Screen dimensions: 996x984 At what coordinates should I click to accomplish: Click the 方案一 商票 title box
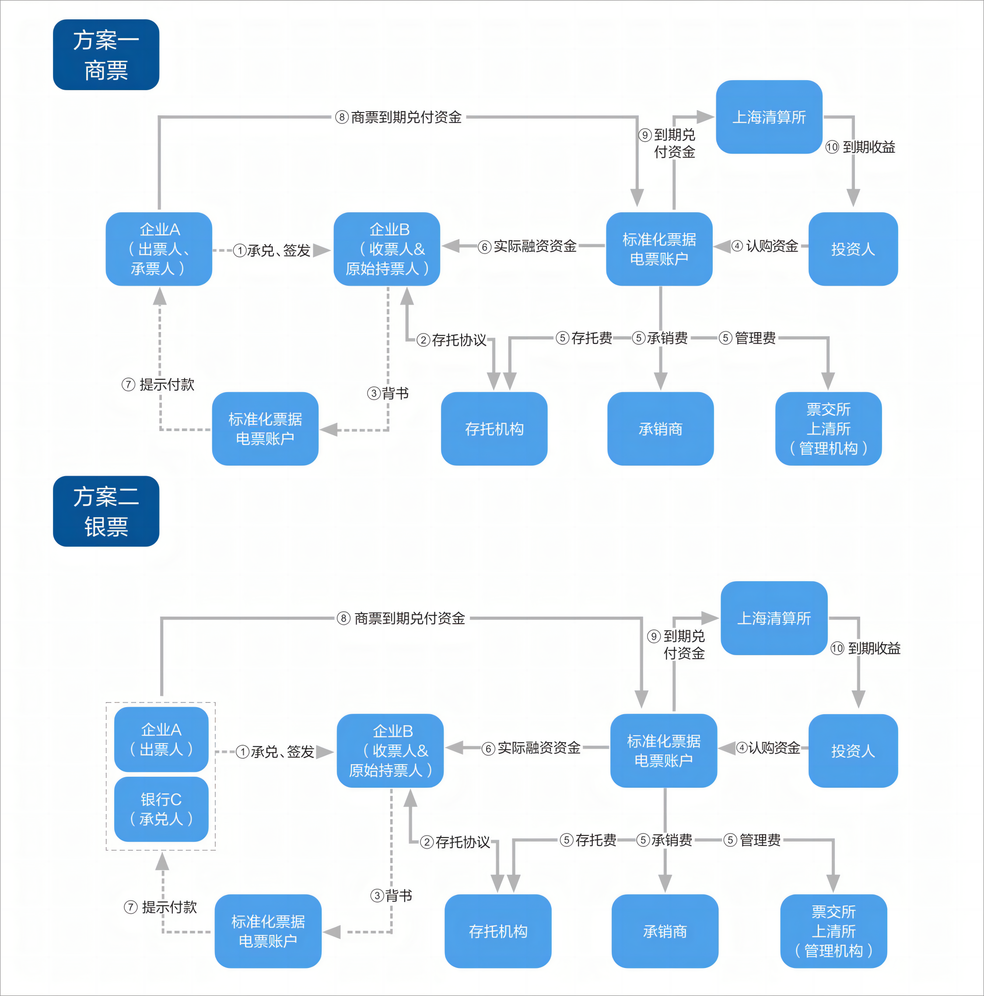pyautogui.click(x=106, y=55)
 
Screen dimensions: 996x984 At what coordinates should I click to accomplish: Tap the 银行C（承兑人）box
pyautogui.click(x=161, y=809)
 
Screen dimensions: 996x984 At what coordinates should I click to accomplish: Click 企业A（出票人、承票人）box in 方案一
pyautogui.click(x=159, y=249)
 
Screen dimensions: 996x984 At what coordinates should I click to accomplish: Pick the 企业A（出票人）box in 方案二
pyautogui.click(x=161, y=739)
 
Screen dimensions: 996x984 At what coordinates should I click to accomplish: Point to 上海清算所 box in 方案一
pyautogui.click(x=769, y=117)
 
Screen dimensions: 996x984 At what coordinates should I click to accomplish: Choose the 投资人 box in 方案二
pyautogui.click(x=853, y=751)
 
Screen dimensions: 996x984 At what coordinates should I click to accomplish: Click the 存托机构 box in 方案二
pyautogui.click(x=497, y=931)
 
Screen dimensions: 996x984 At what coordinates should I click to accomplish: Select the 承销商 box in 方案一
pyautogui.click(x=660, y=429)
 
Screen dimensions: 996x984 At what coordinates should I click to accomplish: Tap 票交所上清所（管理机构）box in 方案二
pyautogui.click(x=833, y=931)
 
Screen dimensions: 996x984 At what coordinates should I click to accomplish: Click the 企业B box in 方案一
pyautogui.click(x=387, y=249)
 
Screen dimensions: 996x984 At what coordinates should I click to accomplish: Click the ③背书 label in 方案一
pyautogui.click(x=388, y=394)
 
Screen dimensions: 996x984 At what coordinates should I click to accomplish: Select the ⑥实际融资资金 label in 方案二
pyautogui.click(x=531, y=748)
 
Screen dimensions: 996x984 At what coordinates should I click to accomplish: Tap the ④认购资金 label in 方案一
pyautogui.click(x=765, y=246)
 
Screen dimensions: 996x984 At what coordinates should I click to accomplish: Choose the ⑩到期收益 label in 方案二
pyautogui.click(x=865, y=649)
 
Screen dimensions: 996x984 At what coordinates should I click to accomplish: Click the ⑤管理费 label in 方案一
pyautogui.click(x=747, y=338)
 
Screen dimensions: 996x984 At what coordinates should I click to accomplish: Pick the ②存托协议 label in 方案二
pyautogui.click(x=455, y=842)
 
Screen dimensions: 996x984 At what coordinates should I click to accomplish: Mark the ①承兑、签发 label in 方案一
pyautogui.click(x=272, y=251)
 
